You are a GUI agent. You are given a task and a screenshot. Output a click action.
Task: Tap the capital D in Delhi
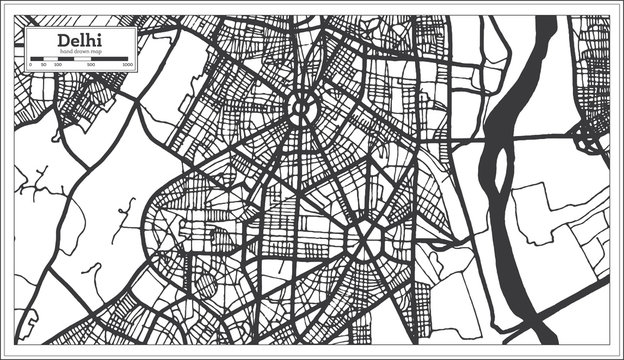(63, 39)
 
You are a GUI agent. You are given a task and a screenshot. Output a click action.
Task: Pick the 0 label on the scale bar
(30, 65)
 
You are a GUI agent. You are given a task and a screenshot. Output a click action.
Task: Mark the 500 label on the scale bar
(92, 65)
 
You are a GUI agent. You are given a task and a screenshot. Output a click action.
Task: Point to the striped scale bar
(80, 58)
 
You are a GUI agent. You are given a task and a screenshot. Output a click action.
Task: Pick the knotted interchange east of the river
(589, 140)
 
